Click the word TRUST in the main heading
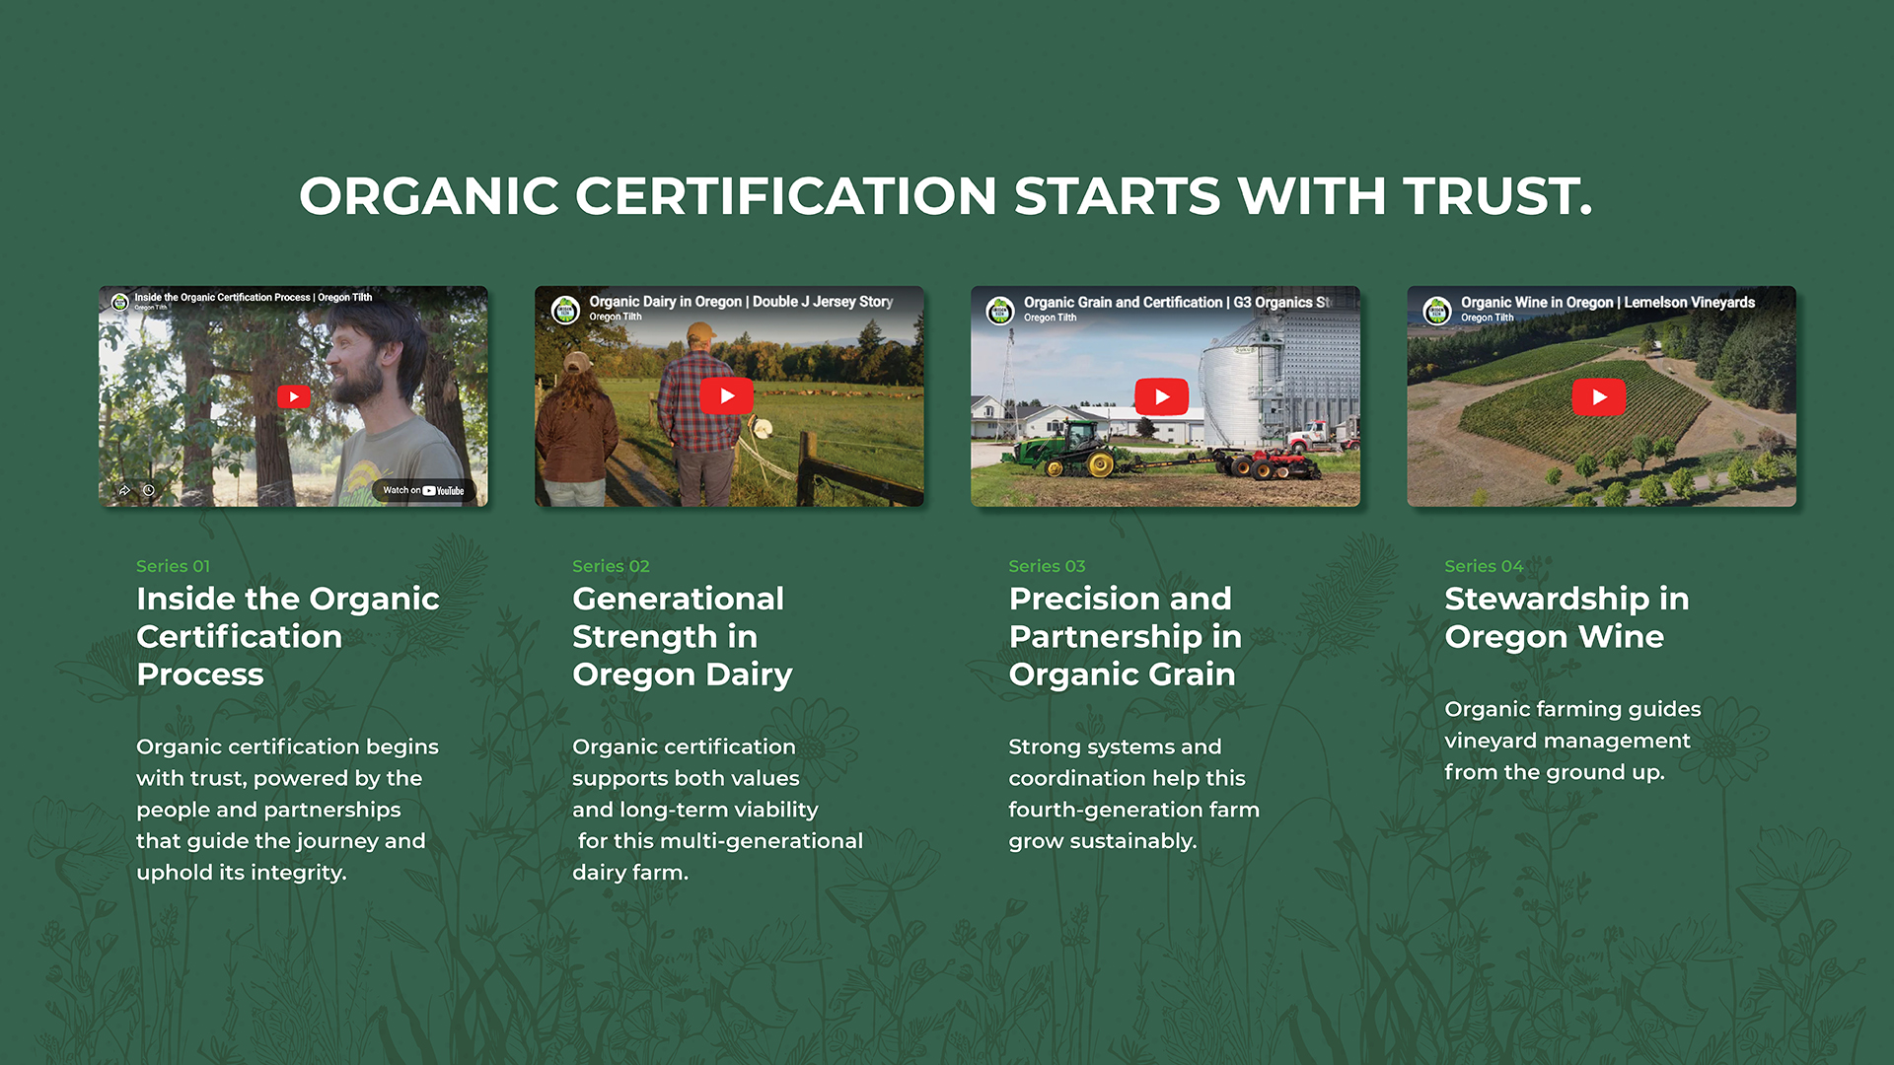click(1497, 195)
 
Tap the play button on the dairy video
click(727, 396)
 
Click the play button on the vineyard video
click(1599, 397)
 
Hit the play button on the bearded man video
click(294, 396)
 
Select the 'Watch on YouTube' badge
click(423, 490)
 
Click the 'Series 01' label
click(173, 566)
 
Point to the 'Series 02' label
click(611, 566)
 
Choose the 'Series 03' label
click(1047, 566)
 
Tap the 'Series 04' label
click(1484, 566)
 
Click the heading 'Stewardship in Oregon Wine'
click(1566, 617)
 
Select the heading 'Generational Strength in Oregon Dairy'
click(683, 636)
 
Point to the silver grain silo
click(1239, 394)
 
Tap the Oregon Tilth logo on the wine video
click(1436, 311)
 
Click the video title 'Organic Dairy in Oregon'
click(666, 302)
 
